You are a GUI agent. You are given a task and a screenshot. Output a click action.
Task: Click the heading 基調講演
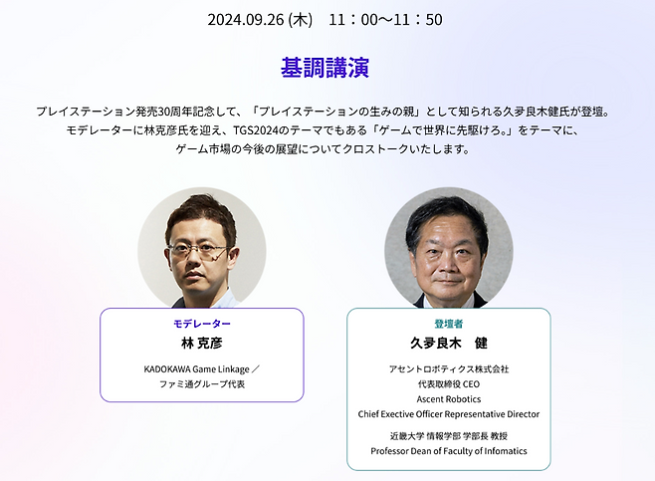pos(327,68)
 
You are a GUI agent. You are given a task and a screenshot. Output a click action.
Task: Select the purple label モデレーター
pos(201,325)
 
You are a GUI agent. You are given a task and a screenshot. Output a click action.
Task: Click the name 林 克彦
pos(201,344)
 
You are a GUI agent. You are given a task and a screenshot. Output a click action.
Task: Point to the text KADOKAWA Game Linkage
pos(195,368)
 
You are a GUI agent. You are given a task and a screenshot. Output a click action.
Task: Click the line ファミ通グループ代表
pos(201,383)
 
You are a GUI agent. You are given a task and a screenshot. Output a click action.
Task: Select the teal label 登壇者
pos(448,325)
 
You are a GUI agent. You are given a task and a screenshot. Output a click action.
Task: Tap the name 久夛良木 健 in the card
pos(448,344)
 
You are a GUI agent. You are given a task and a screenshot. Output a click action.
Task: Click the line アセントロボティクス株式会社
pos(448,368)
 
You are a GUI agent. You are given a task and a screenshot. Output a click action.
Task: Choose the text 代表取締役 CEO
pos(448,383)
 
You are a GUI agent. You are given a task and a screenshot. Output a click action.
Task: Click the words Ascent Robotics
pos(448,398)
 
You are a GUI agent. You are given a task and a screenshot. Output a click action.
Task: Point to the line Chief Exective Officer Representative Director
pos(448,413)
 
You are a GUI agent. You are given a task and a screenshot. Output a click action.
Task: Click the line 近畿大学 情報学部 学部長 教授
pos(448,436)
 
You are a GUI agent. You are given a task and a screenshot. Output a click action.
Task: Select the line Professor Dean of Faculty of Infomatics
pos(448,451)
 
